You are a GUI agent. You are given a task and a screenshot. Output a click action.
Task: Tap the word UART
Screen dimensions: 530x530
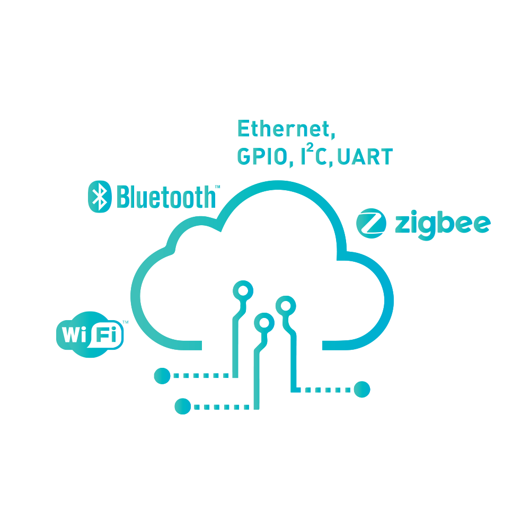click(365, 157)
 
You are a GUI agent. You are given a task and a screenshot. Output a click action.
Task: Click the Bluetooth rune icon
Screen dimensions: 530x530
click(99, 196)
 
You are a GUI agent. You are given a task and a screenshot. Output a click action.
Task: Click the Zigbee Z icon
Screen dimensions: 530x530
click(370, 224)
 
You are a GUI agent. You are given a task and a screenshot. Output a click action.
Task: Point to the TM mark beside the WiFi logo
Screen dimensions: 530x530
click(125, 322)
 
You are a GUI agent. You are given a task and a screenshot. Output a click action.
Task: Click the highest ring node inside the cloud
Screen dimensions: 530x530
click(243, 290)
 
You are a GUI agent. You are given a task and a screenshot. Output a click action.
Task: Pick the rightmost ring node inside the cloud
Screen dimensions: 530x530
click(285, 305)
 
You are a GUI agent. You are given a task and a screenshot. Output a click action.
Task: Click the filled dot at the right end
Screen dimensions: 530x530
click(362, 390)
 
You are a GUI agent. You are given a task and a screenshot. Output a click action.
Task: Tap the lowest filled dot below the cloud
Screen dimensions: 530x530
click(182, 407)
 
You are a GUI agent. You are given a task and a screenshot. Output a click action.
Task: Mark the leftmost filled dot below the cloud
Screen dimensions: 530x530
click(161, 376)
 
